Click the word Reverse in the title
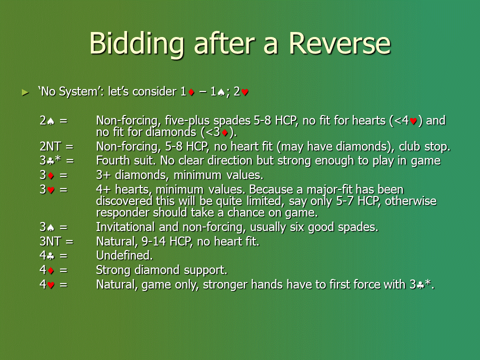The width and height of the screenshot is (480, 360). point(339,43)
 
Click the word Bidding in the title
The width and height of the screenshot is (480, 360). point(136,45)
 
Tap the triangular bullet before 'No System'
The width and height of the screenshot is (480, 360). point(25,92)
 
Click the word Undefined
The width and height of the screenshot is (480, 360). point(124,255)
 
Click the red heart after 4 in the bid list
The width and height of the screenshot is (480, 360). point(51,285)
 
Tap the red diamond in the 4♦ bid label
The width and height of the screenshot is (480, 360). point(51,270)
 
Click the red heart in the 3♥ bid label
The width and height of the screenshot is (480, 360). point(51,190)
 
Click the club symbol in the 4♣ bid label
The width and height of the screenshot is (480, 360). point(50,256)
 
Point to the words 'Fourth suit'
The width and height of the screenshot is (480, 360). point(126,160)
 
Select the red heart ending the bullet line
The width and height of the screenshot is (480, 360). point(244,92)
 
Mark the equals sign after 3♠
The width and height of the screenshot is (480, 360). point(63,227)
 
